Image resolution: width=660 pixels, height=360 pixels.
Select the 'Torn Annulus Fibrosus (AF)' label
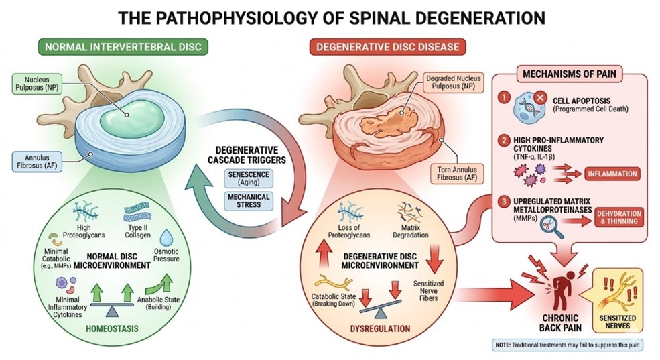[449, 174]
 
